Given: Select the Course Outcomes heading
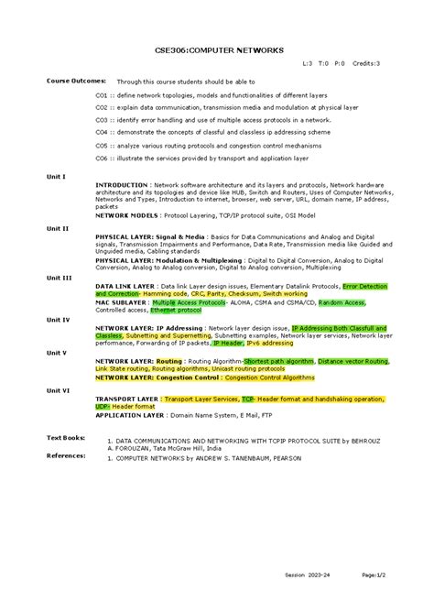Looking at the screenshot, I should coord(76,81).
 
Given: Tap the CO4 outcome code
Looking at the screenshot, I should coord(102,132).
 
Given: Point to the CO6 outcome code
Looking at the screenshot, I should coord(102,158).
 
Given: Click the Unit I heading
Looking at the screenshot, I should coord(57,176).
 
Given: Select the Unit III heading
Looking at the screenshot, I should coord(59,277).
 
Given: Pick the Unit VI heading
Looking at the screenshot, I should coord(59,389).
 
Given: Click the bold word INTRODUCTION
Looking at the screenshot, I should coord(122,184).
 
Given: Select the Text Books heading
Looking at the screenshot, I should coord(66,438).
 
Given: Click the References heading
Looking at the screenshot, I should coord(66,454).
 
